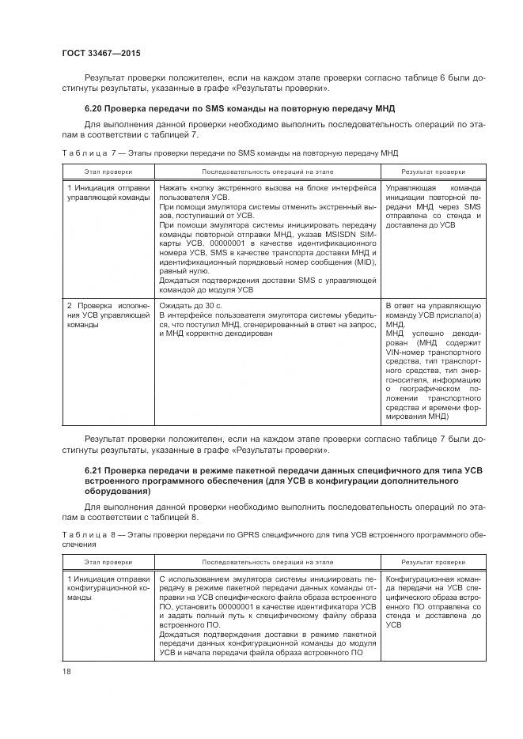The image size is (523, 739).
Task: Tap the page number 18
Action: pos(66,671)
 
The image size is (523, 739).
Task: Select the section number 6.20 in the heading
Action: pos(93,107)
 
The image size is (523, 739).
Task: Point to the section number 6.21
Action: pos(93,471)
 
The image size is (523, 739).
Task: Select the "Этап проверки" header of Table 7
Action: pos(108,171)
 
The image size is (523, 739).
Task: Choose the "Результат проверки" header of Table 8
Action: pos(433,563)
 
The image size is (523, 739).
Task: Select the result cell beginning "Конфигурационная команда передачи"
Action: pos(433,601)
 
